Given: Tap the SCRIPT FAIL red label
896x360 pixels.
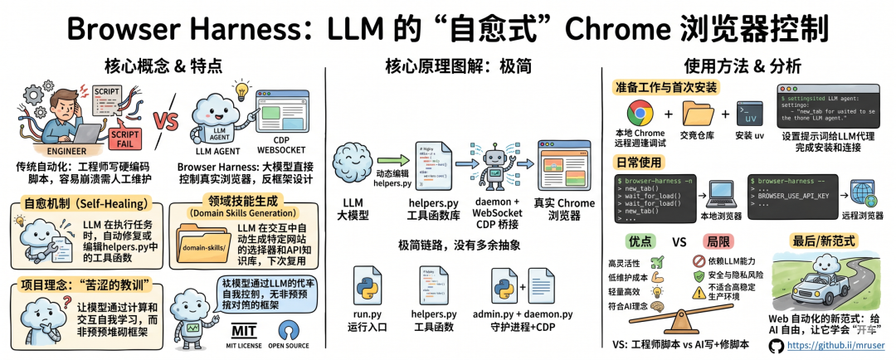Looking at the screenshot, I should click(x=124, y=133).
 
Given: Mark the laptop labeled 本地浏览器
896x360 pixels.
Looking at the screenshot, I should click(x=718, y=192).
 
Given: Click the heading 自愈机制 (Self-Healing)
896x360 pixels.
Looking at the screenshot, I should click(x=82, y=202).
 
